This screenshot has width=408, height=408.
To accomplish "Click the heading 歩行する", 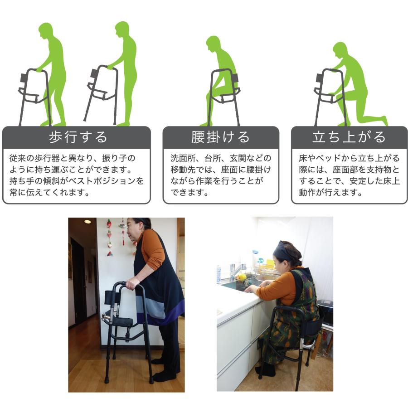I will click(77, 137).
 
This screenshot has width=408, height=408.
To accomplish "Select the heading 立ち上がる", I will click(349, 137).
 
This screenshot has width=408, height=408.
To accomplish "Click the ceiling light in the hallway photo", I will click(87, 222).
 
